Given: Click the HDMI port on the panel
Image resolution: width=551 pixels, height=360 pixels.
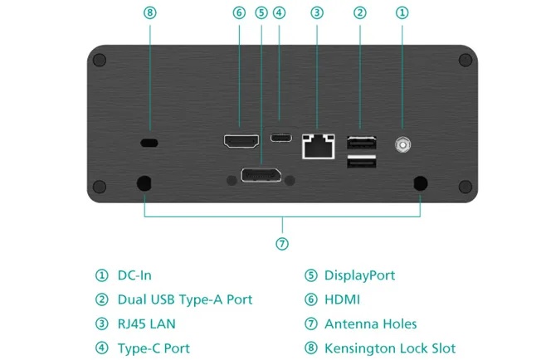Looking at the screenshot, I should tap(241, 141).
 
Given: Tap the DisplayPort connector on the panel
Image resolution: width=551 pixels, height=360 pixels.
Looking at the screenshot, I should tap(261, 175).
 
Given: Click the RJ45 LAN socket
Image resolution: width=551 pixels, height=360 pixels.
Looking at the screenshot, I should tap(316, 145).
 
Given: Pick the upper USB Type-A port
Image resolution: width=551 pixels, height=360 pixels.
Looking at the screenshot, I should tap(359, 142).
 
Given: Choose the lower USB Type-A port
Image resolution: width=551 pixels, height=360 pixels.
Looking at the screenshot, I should tap(359, 163).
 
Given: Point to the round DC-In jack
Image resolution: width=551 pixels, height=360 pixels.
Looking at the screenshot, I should tap(402, 145).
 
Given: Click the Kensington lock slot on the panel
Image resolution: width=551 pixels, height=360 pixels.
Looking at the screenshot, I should tap(149, 144).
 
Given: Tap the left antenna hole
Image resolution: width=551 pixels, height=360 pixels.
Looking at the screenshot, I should tap(144, 183).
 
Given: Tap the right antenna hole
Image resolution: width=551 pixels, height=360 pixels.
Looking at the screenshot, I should tap(420, 183).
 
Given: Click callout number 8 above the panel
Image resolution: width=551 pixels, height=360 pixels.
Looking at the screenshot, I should tap(149, 12).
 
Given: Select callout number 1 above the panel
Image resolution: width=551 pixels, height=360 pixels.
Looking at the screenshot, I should tap(402, 12).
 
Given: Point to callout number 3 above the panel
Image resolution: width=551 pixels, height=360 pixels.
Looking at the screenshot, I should tap(317, 12).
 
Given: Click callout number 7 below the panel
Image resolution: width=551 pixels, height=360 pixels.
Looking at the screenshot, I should tap(282, 243).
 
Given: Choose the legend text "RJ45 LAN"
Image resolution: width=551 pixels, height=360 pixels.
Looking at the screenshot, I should tap(146, 324).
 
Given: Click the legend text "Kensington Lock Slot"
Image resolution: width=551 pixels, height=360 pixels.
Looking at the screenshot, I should tap(390, 348).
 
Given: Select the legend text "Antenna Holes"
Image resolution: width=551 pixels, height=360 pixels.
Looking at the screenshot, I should tap(370, 324).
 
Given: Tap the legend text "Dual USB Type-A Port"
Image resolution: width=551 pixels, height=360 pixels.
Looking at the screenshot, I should tap(184, 299).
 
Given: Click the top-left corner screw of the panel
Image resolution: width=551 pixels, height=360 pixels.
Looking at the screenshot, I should tap(100, 61).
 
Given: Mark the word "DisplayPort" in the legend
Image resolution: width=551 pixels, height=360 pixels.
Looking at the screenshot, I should tap(359, 275).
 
